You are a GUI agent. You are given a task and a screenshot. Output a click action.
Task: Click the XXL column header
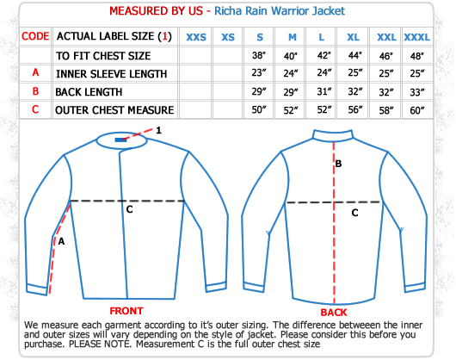(x=386, y=37)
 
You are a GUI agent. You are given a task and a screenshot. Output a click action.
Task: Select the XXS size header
(x=196, y=37)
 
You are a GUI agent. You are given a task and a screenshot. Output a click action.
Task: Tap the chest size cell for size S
(x=259, y=55)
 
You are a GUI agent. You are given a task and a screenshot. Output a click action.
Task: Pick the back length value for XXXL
(x=417, y=92)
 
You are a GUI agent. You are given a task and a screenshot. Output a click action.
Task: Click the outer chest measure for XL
(x=355, y=109)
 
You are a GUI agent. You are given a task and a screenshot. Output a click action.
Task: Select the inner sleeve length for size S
(x=259, y=72)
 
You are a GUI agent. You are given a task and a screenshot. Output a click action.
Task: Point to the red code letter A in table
(x=35, y=72)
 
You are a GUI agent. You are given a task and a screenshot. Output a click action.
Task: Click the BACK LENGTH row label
(x=89, y=92)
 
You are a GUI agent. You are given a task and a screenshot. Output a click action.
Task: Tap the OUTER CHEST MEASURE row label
(x=114, y=110)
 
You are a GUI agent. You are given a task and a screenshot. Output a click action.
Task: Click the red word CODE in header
(x=35, y=36)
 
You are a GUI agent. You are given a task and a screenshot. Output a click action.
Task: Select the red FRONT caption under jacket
(x=126, y=311)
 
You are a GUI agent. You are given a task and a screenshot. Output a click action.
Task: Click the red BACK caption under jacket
(x=334, y=313)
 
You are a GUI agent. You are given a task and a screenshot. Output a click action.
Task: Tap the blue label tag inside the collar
(x=120, y=140)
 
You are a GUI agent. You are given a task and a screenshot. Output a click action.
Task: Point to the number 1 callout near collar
(x=158, y=130)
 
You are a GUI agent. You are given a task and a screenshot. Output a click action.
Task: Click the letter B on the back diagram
(x=338, y=164)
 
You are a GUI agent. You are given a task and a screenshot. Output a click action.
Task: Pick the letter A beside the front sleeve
(x=61, y=241)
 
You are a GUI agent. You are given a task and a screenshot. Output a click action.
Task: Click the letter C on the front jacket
(x=129, y=209)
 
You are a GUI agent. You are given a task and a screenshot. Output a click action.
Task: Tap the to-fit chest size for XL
(x=355, y=55)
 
